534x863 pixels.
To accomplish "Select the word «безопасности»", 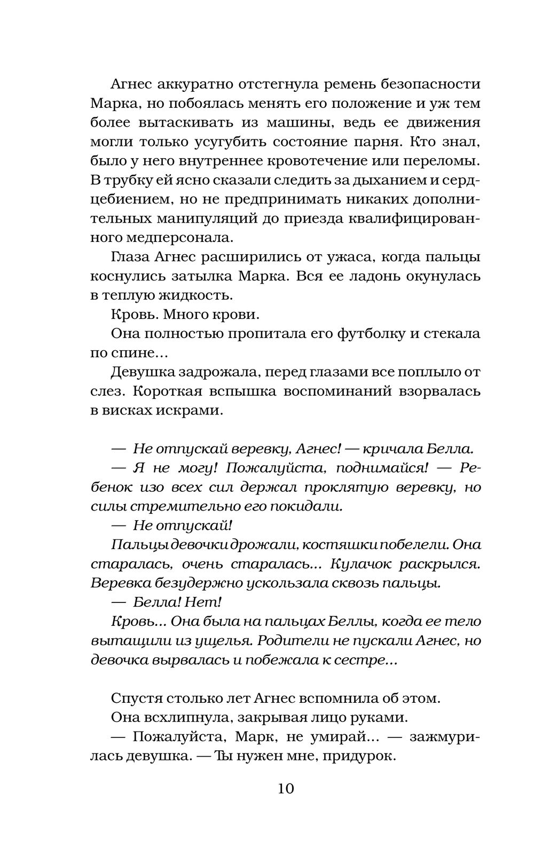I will tap(426, 84).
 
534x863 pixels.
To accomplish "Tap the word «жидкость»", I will tap(197, 295).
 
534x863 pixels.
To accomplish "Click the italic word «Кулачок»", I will tap(363, 563).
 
